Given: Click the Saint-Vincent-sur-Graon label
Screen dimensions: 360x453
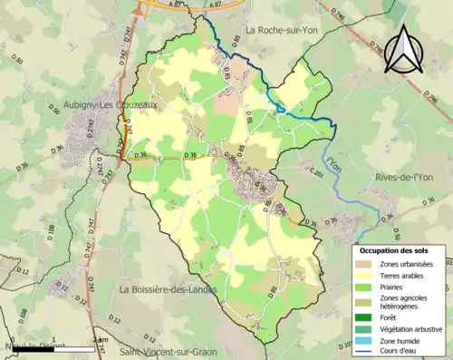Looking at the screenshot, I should click(x=169, y=350).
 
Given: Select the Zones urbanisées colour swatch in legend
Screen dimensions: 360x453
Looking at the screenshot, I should click(x=365, y=264).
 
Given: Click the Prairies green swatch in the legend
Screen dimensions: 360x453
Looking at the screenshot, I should click(x=365, y=287).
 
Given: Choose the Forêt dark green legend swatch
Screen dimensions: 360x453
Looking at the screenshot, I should click(x=365, y=318).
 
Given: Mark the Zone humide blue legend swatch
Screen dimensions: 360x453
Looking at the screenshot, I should click(x=365, y=341).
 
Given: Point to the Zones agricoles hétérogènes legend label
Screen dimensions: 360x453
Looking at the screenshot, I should click(x=408, y=303).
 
